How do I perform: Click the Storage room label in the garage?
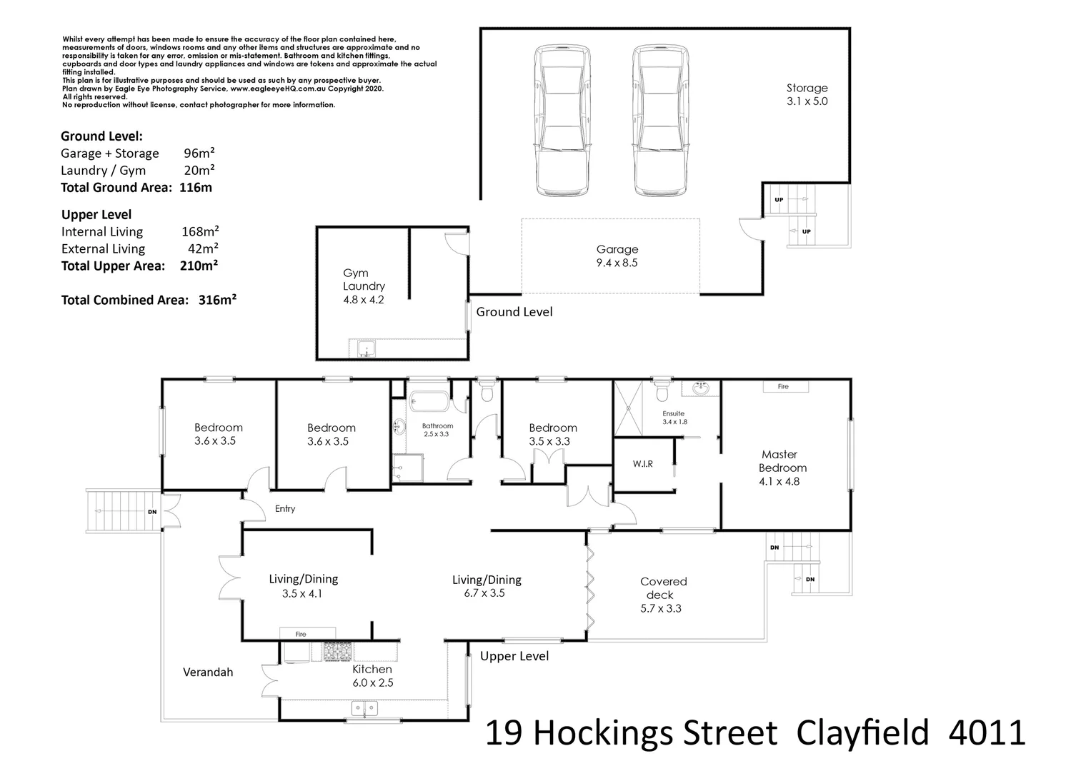807,94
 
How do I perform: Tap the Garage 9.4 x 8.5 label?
617,256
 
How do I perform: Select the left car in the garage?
562,121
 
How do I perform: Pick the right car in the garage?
661,121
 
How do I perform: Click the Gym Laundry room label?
364,286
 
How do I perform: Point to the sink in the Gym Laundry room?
367,348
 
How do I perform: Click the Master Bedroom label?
782,468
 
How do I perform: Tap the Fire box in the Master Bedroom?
785,386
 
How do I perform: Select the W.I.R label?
642,464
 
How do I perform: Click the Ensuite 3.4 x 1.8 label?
674,418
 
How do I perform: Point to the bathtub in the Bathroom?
429,401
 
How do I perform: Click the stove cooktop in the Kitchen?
338,651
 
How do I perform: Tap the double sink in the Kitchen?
364,709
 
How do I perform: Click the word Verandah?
208,672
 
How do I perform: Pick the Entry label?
285,508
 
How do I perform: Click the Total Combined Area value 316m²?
217,300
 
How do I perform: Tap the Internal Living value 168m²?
200,231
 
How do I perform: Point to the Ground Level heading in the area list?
102,136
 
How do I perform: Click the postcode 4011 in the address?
987,733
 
